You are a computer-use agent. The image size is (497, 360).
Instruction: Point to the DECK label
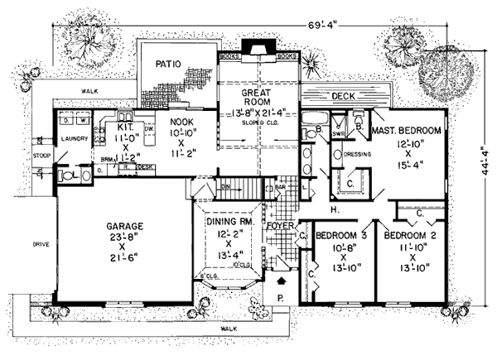(x=343, y=97)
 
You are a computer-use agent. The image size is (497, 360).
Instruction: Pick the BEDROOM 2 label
(x=410, y=234)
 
